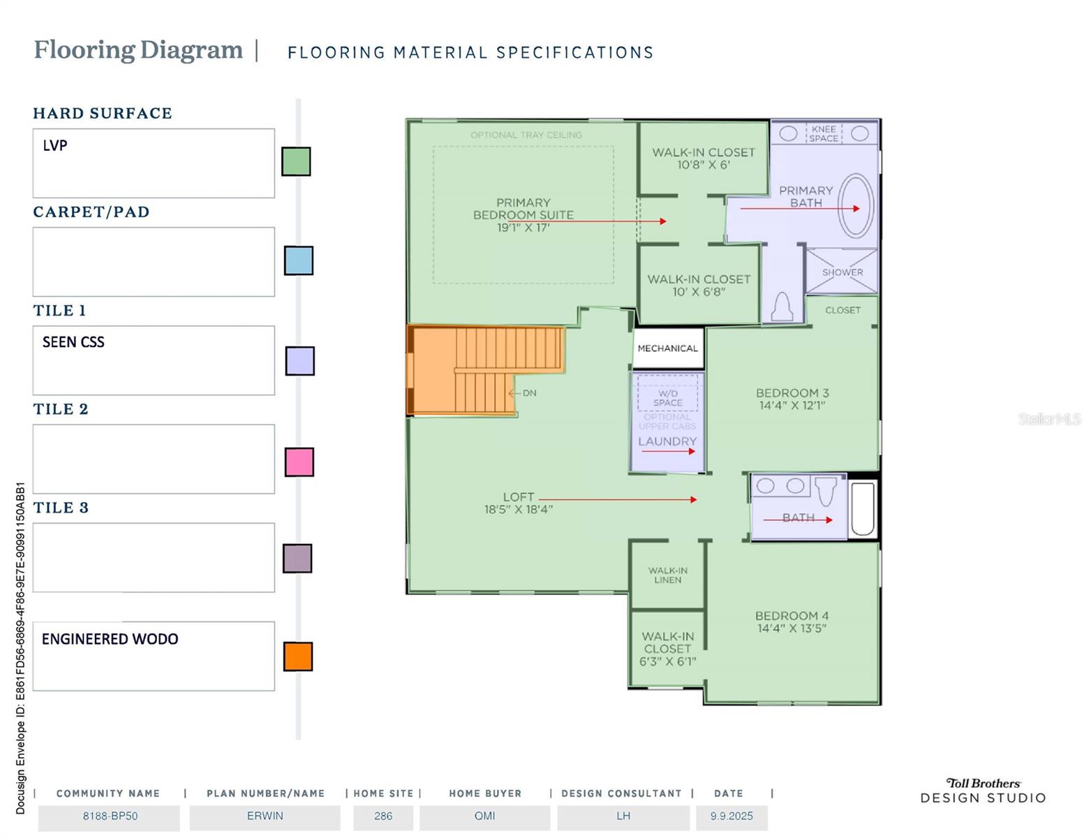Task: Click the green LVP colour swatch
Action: [296, 161]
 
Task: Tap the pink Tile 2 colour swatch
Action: [299, 462]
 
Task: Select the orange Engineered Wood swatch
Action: [298, 656]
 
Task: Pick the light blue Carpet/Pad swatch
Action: [298, 260]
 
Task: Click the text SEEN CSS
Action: [73, 342]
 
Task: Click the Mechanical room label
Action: [667, 348]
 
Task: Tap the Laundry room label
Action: [667, 441]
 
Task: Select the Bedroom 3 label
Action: [792, 393]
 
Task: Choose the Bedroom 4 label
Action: [792, 616]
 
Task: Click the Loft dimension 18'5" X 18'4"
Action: [519, 510]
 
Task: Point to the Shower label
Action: [842, 272]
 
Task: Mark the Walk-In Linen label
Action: [667, 575]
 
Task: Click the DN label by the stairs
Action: [529, 393]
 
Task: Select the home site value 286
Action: [383, 816]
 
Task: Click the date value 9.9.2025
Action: [732, 816]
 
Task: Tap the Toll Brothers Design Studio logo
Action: [983, 791]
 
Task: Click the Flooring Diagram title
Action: [138, 50]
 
